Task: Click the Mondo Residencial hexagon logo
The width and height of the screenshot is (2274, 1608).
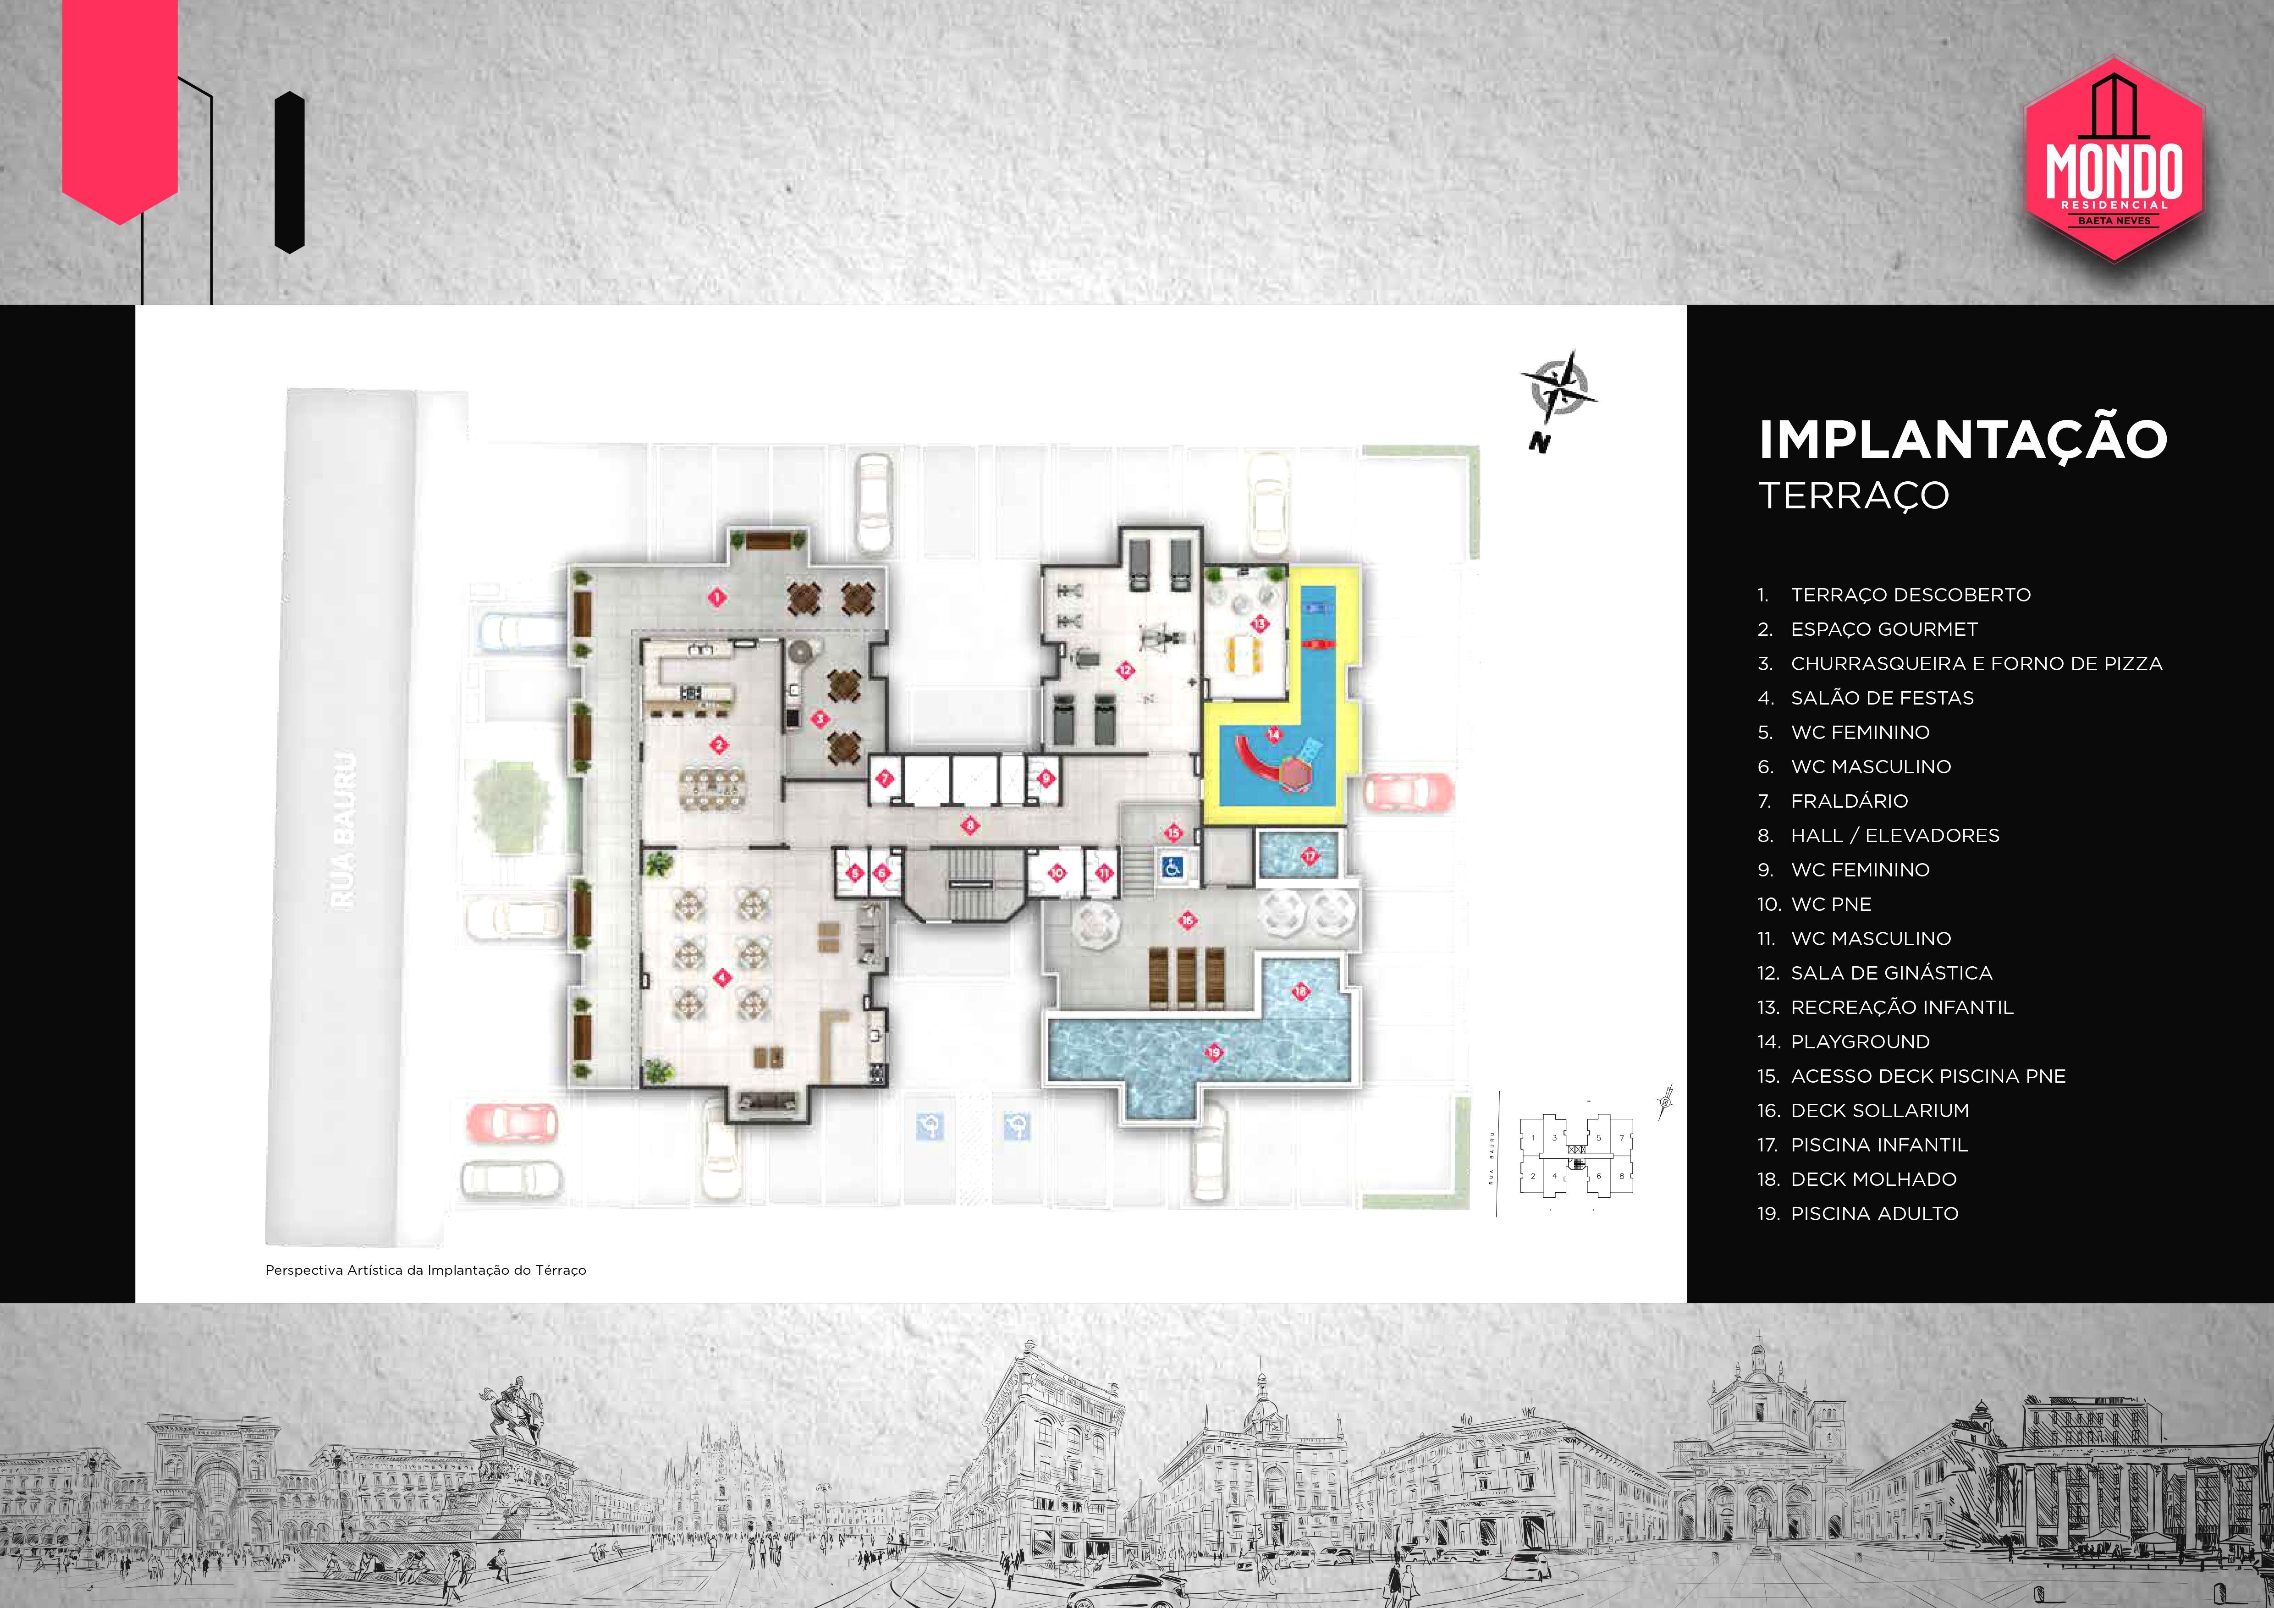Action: pyautogui.click(x=2114, y=160)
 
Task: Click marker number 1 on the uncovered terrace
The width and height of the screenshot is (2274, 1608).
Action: pyautogui.click(x=717, y=597)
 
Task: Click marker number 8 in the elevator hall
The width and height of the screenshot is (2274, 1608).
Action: pyautogui.click(x=971, y=825)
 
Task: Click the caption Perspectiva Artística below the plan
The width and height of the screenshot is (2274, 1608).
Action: pyautogui.click(x=426, y=1270)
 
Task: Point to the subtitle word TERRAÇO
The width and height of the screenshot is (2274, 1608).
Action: pyautogui.click(x=1854, y=495)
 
